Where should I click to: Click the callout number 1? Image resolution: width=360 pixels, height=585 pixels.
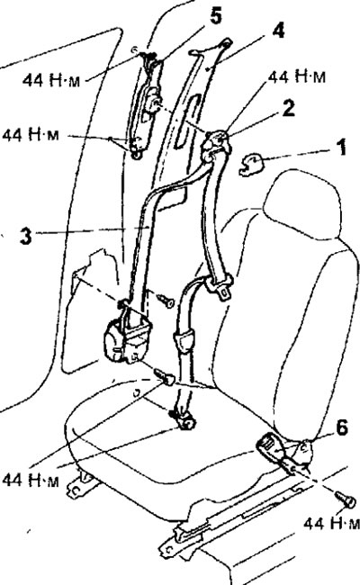coord(340,147)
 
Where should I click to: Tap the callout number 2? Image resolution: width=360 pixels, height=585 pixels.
coord(288,109)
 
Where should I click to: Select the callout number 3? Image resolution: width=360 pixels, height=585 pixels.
coord(25,236)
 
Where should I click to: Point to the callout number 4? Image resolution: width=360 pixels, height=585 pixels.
coord(278,31)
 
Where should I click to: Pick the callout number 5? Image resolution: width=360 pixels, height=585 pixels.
coord(215,15)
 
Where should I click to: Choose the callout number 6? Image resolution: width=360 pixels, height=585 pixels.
coord(342,427)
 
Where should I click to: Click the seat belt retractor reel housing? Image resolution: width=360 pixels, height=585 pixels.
coord(126,338)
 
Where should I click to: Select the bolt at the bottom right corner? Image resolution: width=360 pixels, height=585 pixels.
coord(345,499)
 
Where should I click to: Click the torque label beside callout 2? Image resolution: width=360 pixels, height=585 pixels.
coord(297,76)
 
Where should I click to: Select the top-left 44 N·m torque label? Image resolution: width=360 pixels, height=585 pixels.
coord(51,79)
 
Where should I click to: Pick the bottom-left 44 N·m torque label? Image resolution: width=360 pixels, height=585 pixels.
coord(31,481)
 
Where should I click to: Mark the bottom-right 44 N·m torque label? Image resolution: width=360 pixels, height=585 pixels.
coord(331,523)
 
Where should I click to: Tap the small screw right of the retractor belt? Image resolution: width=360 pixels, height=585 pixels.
coord(165,299)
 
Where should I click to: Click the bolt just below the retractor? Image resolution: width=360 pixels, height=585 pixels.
coord(164,376)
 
